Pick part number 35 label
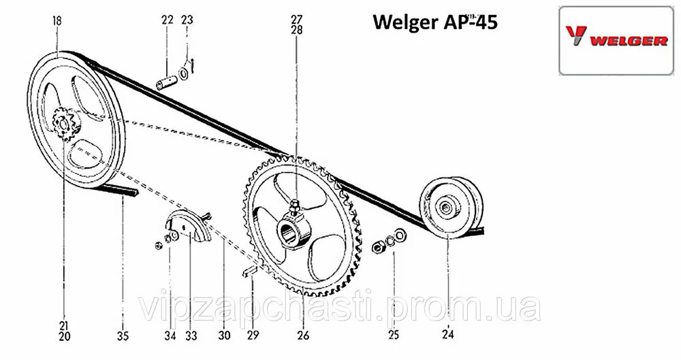pyautogui.click(x=123, y=335)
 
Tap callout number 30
pyautogui.click(x=225, y=335)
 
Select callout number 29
pyautogui.click(x=253, y=335)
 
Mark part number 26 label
pyautogui.click(x=303, y=335)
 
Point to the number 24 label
pyautogui.click(x=447, y=335)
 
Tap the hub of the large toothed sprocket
pyautogui.click(x=294, y=229)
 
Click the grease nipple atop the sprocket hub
pyautogui.click(x=294, y=202)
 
